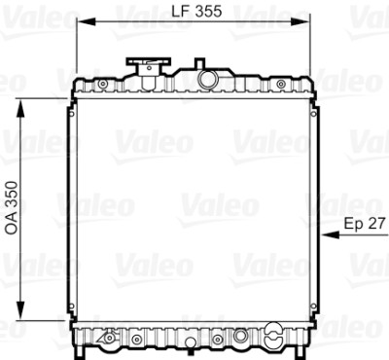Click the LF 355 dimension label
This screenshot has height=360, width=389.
pos(196,11)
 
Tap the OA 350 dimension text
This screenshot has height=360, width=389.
pos(12,207)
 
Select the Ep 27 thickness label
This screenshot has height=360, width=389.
pos(365,224)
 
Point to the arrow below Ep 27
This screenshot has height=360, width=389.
pos(355,234)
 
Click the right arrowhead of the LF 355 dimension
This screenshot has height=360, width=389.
pos(301,21)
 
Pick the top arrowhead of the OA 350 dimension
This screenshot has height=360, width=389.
pos(20,108)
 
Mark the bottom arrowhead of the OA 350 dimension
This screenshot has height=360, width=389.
pos(20,310)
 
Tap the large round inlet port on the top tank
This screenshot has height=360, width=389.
pos(207,79)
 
